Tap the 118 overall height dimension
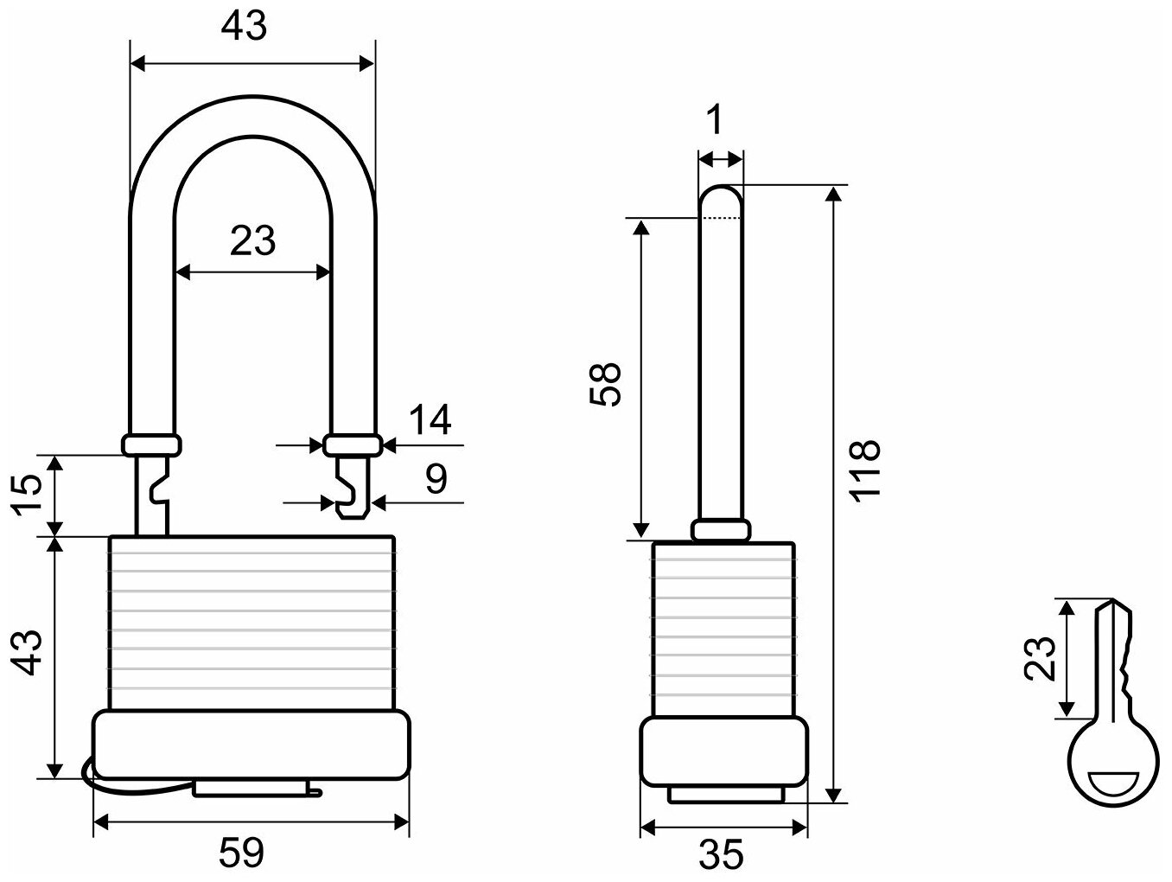click(863, 468)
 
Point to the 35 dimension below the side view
click(721, 854)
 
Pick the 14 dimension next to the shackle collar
click(430, 419)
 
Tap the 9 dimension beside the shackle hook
click(436, 478)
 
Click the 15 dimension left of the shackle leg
click(28, 495)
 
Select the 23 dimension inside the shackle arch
click(252, 240)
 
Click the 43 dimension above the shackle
click(244, 28)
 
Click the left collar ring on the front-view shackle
click(151, 444)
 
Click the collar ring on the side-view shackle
click(719, 529)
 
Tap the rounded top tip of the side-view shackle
click(719, 197)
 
